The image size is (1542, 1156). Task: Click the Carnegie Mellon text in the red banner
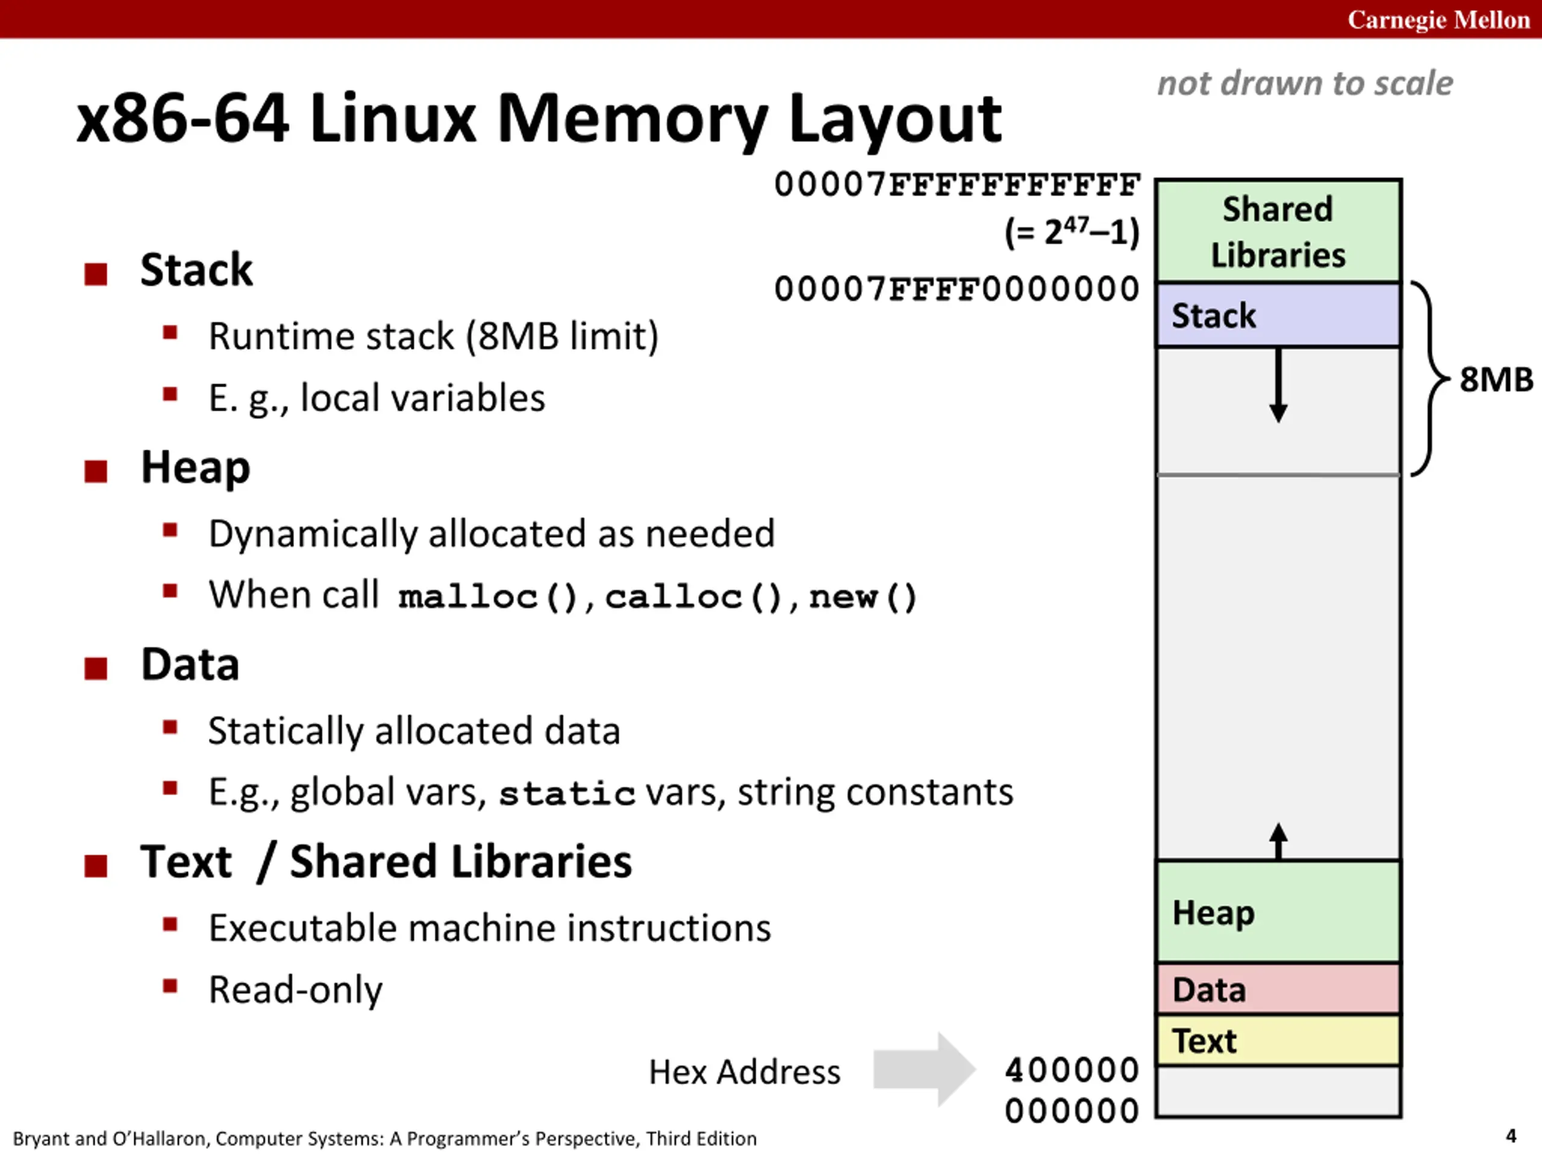[x=1438, y=19]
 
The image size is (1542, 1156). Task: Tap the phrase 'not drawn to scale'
[x=1305, y=83]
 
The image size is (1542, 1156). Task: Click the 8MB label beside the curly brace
[x=1496, y=380]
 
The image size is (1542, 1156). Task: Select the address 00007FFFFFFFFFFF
[x=957, y=185]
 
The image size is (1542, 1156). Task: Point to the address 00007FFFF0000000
[x=957, y=289]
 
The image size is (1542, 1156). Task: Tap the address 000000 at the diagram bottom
[x=1072, y=1111]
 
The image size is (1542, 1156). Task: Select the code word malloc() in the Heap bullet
[x=488, y=597]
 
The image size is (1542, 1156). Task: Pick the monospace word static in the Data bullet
[x=567, y=794]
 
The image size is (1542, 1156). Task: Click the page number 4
[x=1511, y=1136]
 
